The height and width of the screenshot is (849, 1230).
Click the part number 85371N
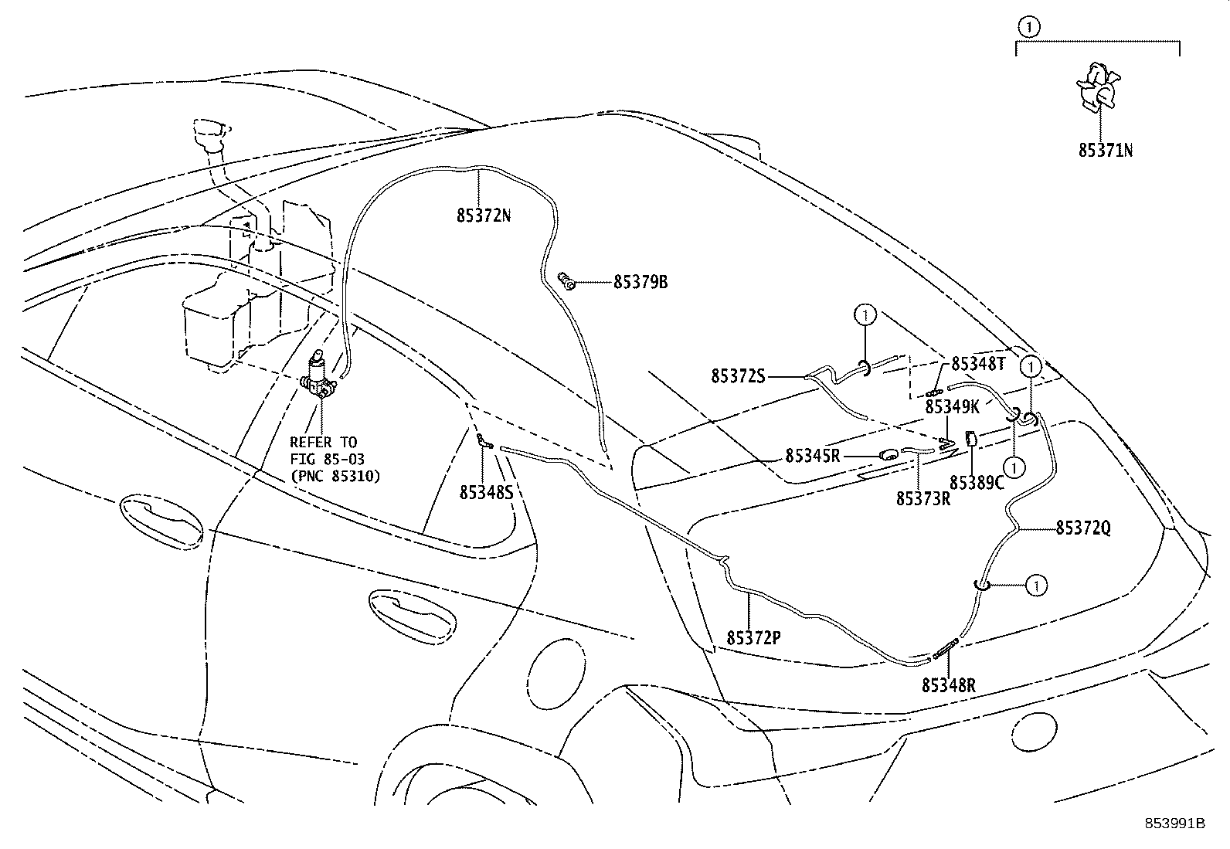click(1106, 150)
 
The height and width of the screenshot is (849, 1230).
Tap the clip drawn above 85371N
click(1096, 87)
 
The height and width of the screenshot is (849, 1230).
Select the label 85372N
click(484, 216)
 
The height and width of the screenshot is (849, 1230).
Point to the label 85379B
click(640, 283)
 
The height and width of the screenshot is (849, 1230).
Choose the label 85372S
click(738, 376)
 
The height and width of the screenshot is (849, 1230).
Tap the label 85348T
click(978, 363)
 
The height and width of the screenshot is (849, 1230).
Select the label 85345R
click(813, 456)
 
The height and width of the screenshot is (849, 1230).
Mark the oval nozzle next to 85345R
click(889, 455)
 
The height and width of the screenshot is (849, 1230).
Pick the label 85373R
click(923, 499)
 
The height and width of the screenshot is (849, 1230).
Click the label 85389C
click(977, 483)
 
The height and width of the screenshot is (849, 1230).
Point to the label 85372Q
click(1083, 528)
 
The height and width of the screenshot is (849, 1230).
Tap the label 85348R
click(948, 684)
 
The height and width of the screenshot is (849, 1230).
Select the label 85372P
click(753, 637)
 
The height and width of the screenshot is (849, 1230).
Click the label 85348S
click(486, 491)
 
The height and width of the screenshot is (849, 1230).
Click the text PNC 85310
click(335, 477)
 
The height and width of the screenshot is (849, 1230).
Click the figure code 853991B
click(1174, 823)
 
